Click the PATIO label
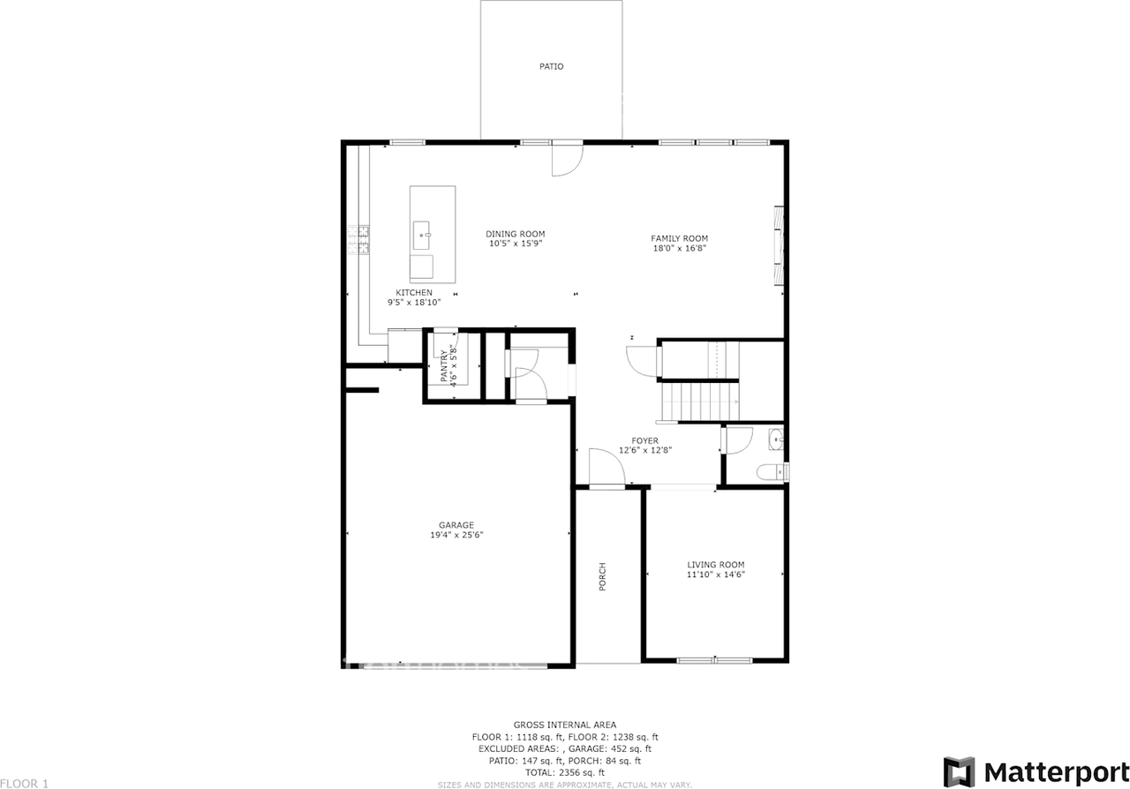(x=551, y=66)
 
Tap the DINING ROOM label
(x=515, y=234)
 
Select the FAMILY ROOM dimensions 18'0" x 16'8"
(x=679, y=249)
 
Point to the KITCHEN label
(x=413, y=292)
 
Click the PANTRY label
(x=445, y=366)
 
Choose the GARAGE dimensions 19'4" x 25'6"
(x=456, y=535)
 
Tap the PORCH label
(x=603, y=577)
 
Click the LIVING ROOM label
(x=715, y=565)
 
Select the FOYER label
(x=644, y=440)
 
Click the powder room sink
(x=776, y=438)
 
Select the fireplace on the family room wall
(x=779, y=247)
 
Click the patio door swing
(x=566, y=160)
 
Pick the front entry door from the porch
(x=606, y=468)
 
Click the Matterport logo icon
(x=959, y=771)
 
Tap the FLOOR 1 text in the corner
(x=25, y=783)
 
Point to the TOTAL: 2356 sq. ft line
(x=564, y=772)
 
